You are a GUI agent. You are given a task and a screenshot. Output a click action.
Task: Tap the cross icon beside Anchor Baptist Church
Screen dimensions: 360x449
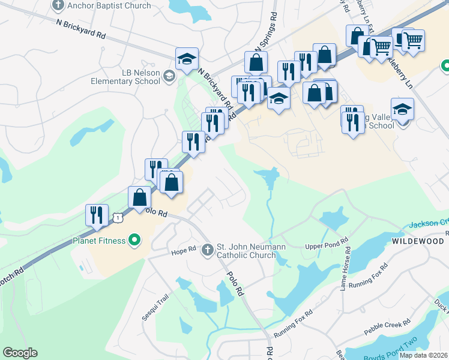tap(58, 5)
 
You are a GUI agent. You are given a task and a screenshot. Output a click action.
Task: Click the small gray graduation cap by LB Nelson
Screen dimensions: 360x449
tap(169, 76)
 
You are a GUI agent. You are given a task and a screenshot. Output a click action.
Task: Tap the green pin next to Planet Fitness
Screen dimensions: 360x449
tap(134, 241)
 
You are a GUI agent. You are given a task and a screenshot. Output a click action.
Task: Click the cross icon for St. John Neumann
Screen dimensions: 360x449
tap(208, 248)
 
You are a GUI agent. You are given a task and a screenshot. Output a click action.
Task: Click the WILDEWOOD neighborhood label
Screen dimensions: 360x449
tap(418, 241)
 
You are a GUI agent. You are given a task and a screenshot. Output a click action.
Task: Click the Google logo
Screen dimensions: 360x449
tap(20, 353)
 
